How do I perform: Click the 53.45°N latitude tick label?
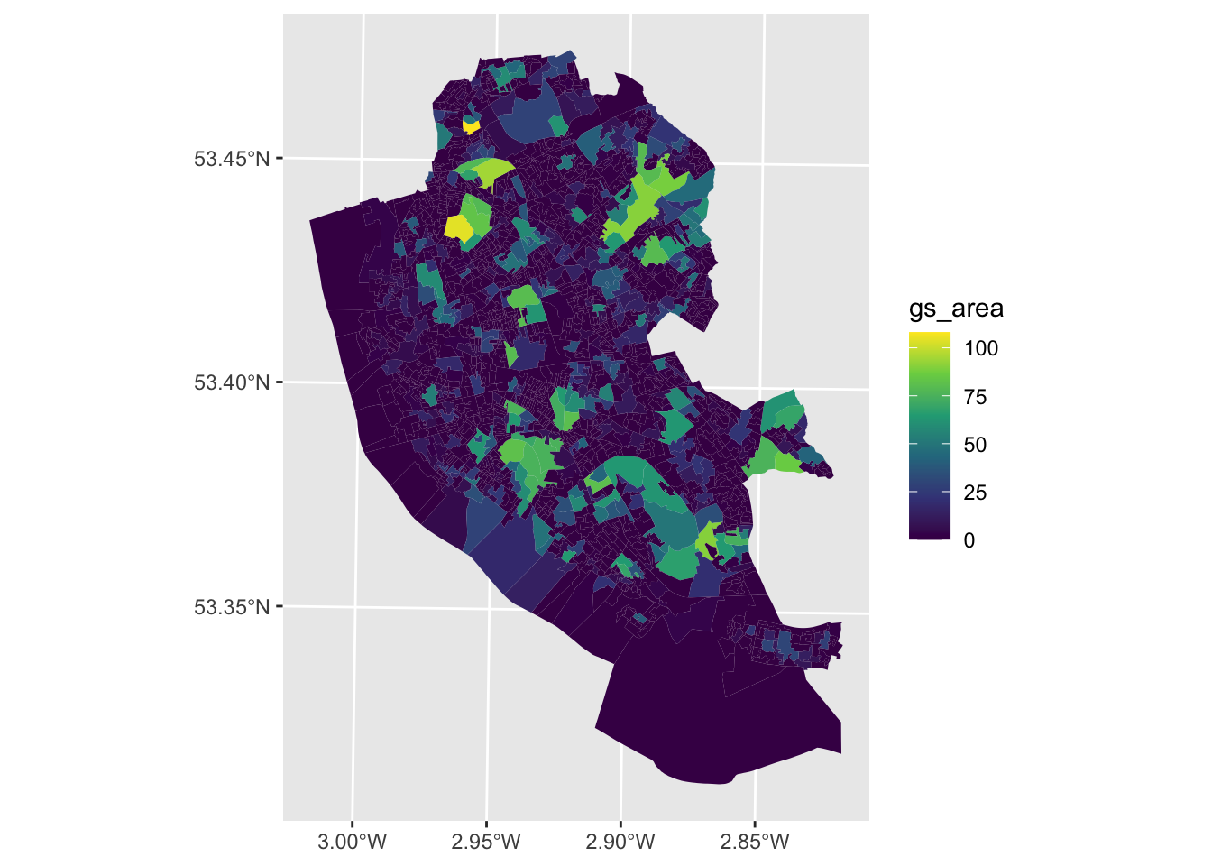232,159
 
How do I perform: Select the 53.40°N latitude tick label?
232,382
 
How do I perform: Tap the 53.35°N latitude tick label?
232,606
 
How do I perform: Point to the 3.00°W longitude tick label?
353,843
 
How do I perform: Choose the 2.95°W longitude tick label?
487,843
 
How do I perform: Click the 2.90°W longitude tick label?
621,843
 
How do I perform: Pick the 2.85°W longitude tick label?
756,843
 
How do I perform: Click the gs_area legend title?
956,309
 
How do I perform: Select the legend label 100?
981,348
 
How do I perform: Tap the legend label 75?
975,397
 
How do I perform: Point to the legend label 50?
975,445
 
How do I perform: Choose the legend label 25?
975,493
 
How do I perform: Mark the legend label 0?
969,540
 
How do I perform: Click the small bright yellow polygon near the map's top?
470,125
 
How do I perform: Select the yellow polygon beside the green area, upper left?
458,227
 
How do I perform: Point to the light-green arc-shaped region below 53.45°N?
487,170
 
